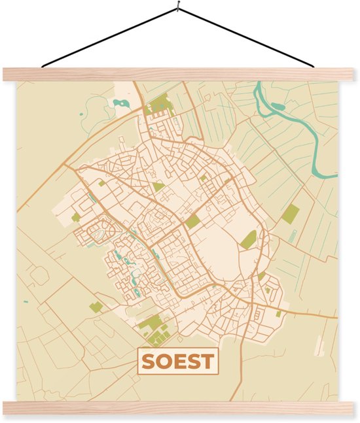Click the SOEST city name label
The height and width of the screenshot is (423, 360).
coord(178,362)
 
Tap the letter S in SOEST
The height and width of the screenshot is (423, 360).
coord(150,362)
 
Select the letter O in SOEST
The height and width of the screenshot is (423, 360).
coord(164,362)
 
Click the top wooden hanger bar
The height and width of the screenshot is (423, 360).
coord(180,74)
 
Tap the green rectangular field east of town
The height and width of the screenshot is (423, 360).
coord(290,214)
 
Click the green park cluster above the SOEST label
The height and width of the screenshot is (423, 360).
coord(154,329)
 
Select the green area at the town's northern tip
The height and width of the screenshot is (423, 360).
coord(160,105)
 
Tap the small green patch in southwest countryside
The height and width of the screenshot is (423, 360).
coord(96,307)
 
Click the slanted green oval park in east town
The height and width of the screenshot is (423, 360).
coord(248,239)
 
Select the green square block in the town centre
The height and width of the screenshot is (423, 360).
coord(192,222)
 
